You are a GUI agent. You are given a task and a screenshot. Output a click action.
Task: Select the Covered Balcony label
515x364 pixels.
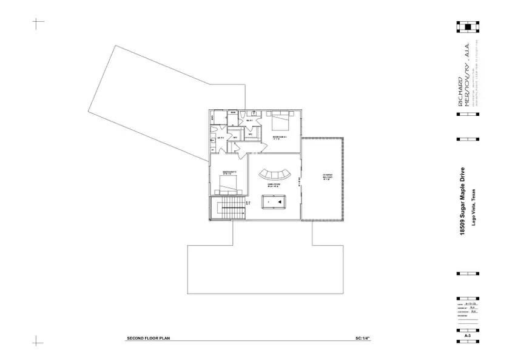pos(327,177)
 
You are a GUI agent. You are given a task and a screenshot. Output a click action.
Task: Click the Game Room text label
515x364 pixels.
pos(273,184)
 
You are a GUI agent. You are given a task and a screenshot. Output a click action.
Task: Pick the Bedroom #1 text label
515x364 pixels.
pos(279,138)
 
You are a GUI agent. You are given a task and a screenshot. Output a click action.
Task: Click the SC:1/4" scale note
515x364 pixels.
pos(362,337)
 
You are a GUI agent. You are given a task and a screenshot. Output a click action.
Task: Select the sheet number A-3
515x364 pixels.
pos(468,335)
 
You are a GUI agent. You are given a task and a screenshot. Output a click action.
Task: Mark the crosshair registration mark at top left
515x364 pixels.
pos(38,24)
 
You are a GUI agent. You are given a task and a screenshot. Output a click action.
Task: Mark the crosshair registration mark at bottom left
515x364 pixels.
pos(38,341)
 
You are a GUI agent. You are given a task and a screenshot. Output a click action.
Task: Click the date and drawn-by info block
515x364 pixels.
pos(467,309)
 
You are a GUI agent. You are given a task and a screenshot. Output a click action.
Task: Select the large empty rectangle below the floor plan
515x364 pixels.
pos(266,269)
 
